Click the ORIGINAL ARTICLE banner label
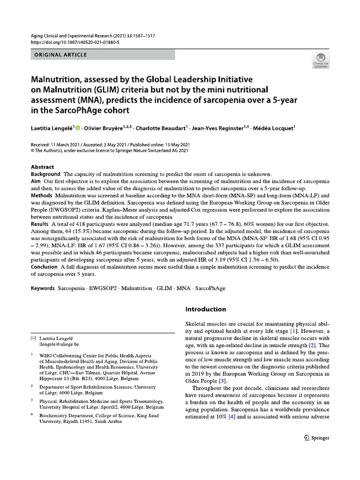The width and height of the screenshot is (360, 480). pyautogui.click(x=60, y=55)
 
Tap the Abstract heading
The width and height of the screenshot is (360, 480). pyautogui.click(x=42, y=167)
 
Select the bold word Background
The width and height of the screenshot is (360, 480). pyautogui.click(x=45, y=174)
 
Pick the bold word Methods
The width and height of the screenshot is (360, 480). pyautogui.click(x=42, y=195)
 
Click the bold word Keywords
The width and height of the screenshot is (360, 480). pyautogui.click(x=43, y=288)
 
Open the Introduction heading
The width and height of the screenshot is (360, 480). pyautogui.click(x=205, y=309)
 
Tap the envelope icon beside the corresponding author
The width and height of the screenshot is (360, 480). pyautogui.click(x=33, y=338)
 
